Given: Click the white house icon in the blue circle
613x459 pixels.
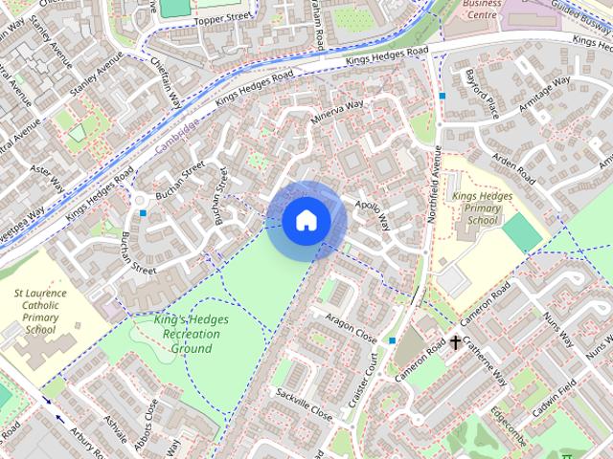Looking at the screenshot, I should click(x=306, y=221).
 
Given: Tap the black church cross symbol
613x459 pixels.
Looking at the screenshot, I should click(x=455, y=341).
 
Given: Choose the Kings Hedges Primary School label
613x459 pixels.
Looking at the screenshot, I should click(x=476, y=208).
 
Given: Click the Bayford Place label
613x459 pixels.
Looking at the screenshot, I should click(x=483, y=93).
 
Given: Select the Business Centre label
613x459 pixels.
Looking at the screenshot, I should click(x=482, y=9).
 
